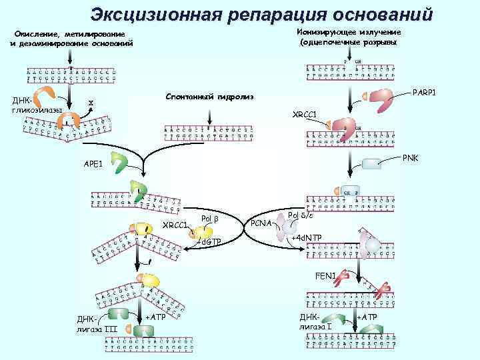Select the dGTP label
210,241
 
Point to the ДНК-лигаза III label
88,323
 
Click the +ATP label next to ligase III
154,316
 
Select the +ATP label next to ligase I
367,316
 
